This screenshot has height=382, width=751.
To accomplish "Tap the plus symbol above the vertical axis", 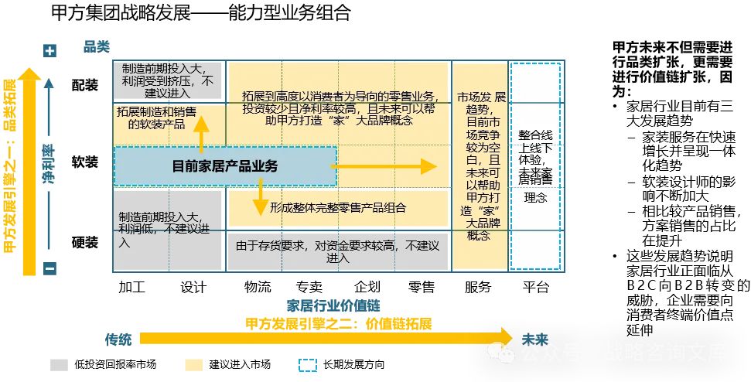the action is (50, 51).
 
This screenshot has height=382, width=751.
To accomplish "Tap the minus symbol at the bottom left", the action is (50, 268).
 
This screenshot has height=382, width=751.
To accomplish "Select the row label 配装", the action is (84, 85).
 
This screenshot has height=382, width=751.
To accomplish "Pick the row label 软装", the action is (84, 163).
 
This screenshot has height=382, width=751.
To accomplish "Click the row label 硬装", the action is (84, 243).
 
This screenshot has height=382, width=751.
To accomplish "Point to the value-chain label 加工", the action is (131, 288).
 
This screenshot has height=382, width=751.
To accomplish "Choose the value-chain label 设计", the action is (193, 288).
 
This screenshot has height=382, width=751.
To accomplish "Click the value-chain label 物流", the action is (258, 288).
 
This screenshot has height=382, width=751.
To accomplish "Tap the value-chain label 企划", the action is (367, 288).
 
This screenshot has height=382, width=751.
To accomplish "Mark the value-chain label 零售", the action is (422, 288).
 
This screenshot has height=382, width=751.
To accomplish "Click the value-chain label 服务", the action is (478, 288).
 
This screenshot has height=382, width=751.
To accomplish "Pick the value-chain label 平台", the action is (535, 288).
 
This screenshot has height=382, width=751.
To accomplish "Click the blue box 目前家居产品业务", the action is (225, 165).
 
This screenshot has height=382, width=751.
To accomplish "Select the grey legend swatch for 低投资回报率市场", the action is (59, 364).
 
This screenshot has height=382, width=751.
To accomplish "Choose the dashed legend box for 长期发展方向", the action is (307, 364).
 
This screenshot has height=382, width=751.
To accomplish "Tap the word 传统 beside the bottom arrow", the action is (118, 339).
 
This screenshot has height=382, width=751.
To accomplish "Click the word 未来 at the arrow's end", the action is (534, 339).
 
